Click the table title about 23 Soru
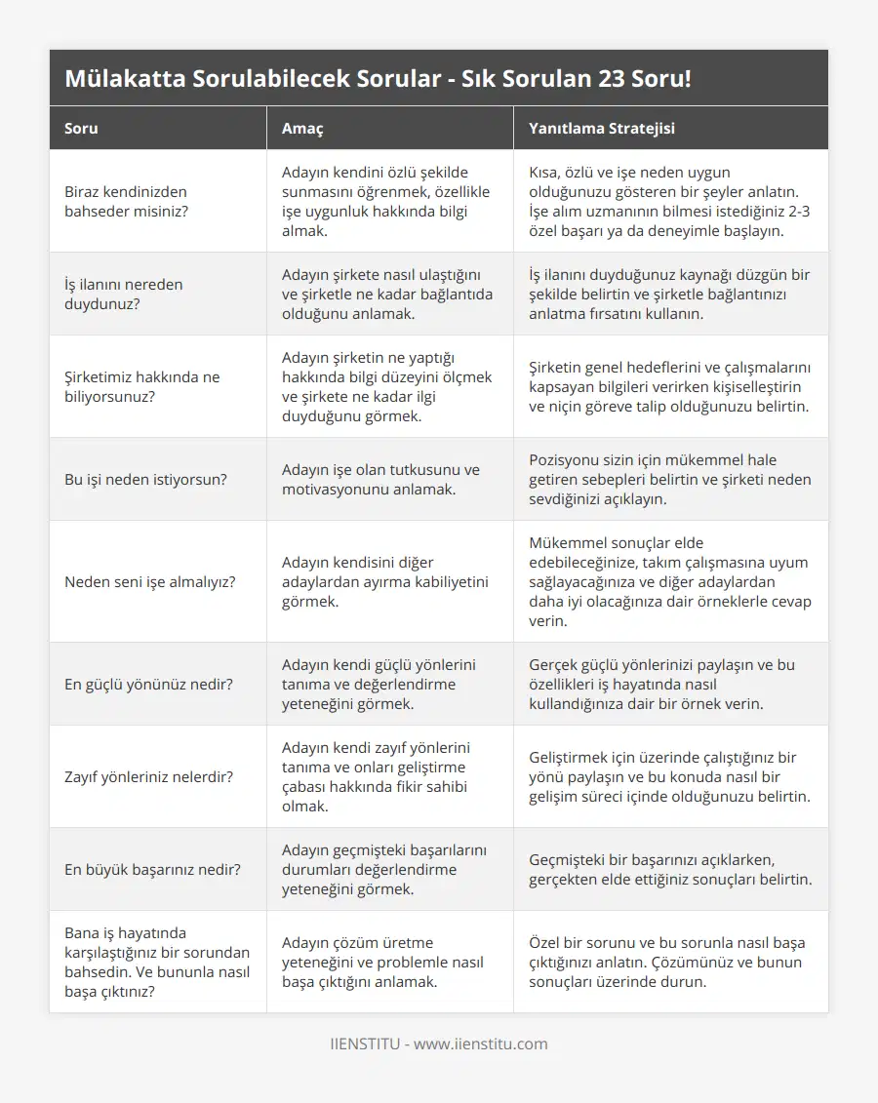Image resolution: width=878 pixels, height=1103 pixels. [x=378, y=79]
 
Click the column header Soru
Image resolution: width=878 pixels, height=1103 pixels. [x=81, y=128]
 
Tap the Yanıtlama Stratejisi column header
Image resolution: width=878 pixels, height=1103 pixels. [x=601, y=128]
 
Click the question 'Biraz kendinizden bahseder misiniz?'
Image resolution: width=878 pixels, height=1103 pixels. [x=126, y=201]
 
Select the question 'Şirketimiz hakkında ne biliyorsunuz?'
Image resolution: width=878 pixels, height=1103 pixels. [x=142, y=386]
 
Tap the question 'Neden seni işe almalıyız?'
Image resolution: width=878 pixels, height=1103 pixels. [x=150, y=581]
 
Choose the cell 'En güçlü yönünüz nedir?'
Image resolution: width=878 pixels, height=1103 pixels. [x=148, y=684]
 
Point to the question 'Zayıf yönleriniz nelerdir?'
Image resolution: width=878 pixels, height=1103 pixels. [x=148, y=776]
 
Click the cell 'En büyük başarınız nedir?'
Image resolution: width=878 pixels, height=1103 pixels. [x=153, y=869]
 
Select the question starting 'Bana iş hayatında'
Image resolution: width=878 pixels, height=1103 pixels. [x=157, y=962]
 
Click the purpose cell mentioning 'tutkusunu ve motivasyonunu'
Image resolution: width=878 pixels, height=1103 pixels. [x=380, y=479]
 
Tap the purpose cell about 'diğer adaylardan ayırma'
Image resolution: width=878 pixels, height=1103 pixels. [x=385, y=581]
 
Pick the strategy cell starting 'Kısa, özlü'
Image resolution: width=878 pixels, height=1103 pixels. [x=669, y=201]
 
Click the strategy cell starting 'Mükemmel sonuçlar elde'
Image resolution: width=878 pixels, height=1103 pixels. [x=669, y=581]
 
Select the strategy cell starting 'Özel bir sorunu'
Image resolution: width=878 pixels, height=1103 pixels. [x=665, y=962]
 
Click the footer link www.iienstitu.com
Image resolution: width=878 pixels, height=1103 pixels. [x=480, y=1044]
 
